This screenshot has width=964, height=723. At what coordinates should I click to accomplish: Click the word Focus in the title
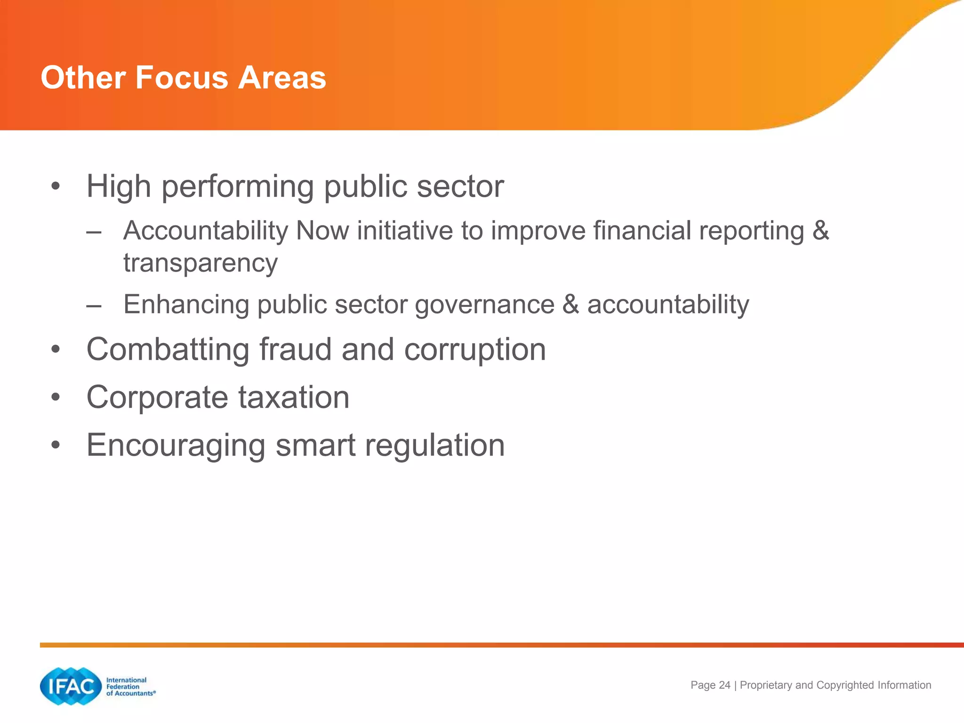[181, 78]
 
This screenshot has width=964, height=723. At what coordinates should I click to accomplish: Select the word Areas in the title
[282, 78]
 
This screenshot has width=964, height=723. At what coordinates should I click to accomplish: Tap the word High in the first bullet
[119, 186]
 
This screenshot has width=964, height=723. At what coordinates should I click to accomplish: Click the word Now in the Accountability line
[322, 231]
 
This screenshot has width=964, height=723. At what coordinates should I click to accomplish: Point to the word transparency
[201, 263]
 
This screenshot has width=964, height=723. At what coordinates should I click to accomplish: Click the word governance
[485, 305]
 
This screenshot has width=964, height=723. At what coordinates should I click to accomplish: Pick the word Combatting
[168, 350]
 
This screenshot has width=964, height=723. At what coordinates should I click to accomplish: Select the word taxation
[293, 398]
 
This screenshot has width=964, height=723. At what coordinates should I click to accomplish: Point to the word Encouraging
[176, 446]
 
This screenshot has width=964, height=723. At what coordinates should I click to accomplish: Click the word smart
[315, 446]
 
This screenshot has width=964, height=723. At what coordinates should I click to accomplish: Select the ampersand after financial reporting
[820, 231]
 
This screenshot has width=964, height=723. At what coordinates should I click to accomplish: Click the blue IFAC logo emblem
[71, 686]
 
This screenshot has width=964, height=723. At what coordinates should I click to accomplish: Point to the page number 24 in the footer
[724, 685]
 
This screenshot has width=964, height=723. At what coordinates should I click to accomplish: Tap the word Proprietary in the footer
[766, 685]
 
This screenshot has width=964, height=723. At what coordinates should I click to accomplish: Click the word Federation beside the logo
[122, 687]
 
